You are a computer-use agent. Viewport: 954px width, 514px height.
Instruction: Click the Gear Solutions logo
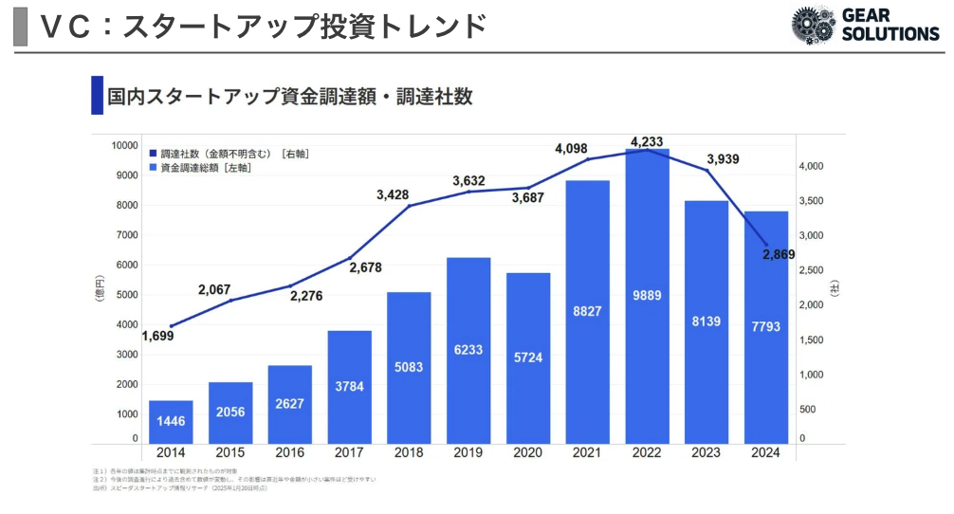[864, 25]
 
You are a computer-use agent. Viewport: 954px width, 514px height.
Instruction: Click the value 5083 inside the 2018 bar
[409, 366]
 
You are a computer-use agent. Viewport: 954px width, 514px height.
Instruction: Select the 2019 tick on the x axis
[468, 453]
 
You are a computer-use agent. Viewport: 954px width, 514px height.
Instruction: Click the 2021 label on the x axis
[587, 453]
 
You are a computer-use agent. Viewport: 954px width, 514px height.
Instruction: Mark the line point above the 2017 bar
[349, 258]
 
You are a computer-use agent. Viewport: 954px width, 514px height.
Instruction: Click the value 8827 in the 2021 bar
[587, 309]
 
